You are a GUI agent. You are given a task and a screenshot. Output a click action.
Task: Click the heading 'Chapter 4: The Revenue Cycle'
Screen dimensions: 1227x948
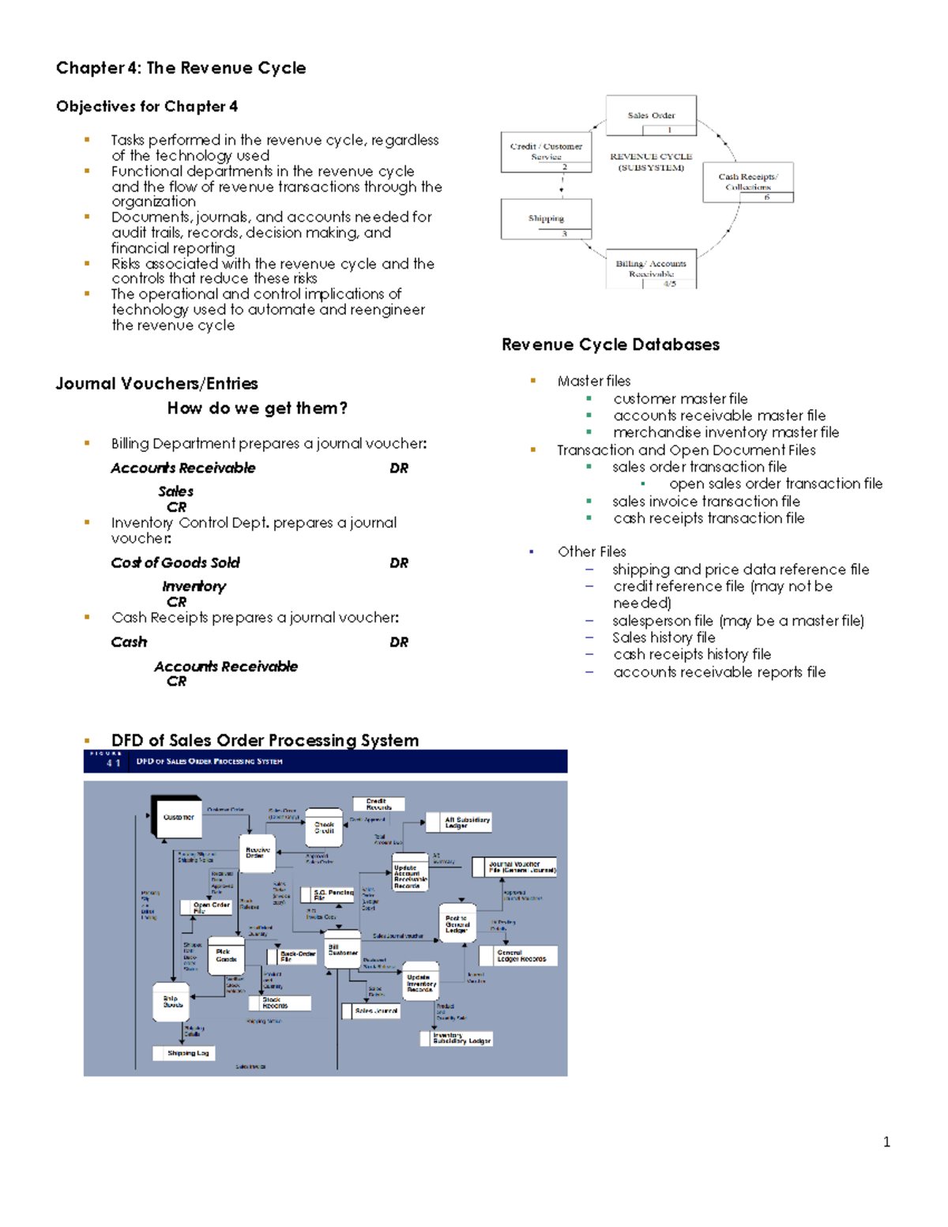(181, 68)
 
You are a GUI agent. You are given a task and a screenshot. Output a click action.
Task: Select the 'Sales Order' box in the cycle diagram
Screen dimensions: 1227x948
(651, 115)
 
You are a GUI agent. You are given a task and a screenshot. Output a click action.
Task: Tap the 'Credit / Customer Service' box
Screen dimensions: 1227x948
(546, 151)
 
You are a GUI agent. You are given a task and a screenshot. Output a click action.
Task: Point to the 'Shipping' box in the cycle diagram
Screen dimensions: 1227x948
(546, 218)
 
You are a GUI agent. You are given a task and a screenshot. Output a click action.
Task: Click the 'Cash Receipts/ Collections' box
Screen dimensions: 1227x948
(747, 182)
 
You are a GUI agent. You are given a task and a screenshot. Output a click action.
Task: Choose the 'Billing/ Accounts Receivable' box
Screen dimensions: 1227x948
(651, 269)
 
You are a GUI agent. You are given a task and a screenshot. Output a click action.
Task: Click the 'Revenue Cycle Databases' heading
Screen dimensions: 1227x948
(611, 344)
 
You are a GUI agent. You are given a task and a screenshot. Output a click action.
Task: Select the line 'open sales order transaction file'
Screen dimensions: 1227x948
(775, 484)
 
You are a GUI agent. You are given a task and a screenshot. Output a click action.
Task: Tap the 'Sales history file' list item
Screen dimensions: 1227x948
(664, 638)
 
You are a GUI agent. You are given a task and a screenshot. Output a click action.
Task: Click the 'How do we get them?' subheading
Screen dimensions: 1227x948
(257, 408)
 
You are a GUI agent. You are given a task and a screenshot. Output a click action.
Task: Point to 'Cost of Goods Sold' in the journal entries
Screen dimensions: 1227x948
(175, 563)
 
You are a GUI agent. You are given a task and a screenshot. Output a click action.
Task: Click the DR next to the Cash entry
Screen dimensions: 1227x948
(399, 642)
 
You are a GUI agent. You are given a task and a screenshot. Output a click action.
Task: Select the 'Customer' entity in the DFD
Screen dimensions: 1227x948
(179, 818)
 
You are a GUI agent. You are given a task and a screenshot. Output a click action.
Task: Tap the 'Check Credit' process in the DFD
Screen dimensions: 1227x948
(324, 827)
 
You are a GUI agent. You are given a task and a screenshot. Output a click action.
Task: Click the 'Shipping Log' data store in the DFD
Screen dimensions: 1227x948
(188, 1053)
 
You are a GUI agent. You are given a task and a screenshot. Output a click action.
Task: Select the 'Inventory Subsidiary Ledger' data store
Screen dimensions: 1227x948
(461, 1038)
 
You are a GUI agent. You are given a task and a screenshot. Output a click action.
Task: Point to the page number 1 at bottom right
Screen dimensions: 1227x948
(886, 1142)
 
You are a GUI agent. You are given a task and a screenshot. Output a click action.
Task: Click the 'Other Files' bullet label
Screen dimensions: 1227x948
(592, 551)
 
